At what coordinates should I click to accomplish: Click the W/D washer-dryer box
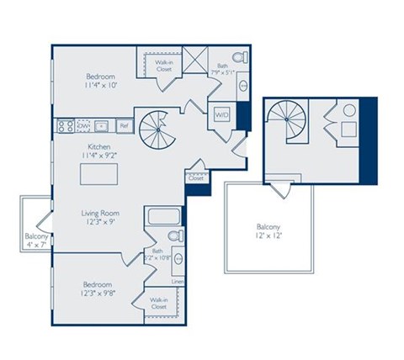point(222,115)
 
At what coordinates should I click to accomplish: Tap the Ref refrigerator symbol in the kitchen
point(123,126)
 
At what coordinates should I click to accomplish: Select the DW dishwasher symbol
point(83,126)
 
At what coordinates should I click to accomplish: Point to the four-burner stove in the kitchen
point(64,126)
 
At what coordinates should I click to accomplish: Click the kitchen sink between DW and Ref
point(103,126)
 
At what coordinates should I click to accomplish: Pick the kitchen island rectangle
point(98,173)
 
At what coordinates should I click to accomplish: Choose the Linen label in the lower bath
point(178,282)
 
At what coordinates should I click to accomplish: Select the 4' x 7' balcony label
point(35,241)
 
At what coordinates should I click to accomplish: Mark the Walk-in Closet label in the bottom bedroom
point(157,304)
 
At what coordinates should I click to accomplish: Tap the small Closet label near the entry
point(196,178)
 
